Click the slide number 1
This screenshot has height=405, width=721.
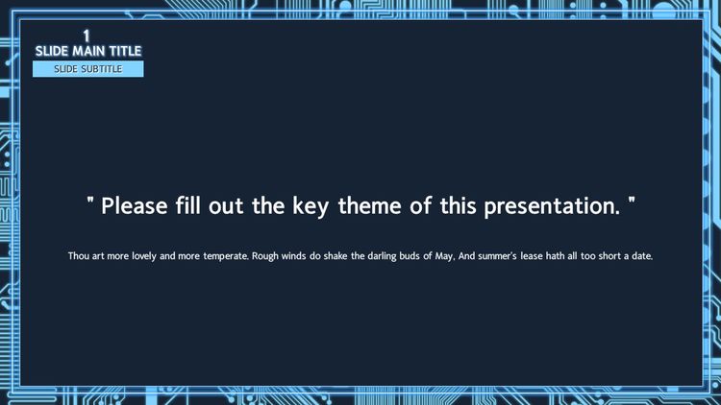pos(86,36)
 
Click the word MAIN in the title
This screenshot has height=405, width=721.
pos(88,51)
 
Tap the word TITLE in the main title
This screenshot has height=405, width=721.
pos(125,51)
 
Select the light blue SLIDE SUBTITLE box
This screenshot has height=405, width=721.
pos(87,69)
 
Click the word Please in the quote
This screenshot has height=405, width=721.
pos(135,206)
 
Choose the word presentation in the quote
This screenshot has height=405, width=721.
pos(552,206)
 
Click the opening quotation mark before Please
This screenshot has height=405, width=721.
pos(90,201)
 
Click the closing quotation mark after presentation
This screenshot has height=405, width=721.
pos(632,201)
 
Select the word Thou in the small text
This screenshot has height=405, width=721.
pos(78,256)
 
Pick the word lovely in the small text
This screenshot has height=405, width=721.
pos(144,256)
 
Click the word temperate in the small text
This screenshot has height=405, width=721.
pos(226,256)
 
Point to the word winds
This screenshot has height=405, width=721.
pos(293,256)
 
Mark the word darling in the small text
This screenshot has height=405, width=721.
pos(382,256)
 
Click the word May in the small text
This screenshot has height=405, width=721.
pos(444,256)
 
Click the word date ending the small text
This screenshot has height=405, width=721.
pos(642,256)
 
